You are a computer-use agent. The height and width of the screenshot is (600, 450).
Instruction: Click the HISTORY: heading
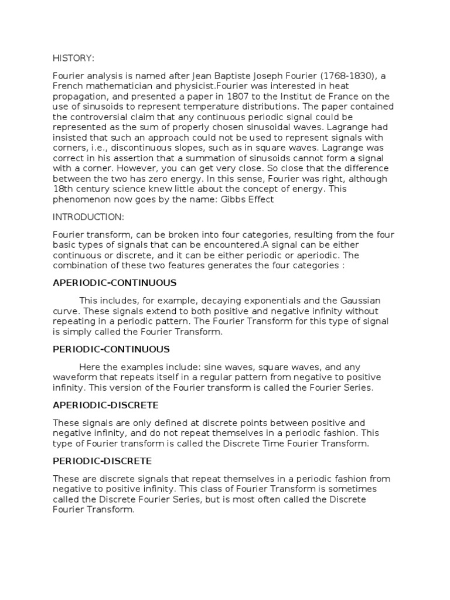tap(73, 58)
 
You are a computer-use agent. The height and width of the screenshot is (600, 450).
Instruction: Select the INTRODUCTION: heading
tap(88, 217)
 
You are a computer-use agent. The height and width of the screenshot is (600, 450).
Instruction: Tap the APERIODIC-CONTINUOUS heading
tap(114, 282)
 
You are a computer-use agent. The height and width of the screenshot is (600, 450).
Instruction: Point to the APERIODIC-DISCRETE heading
tap(106, 405)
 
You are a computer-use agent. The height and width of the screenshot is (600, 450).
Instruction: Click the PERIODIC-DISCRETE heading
tap(102, 461)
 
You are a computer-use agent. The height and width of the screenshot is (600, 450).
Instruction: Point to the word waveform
tap(73, 377)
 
